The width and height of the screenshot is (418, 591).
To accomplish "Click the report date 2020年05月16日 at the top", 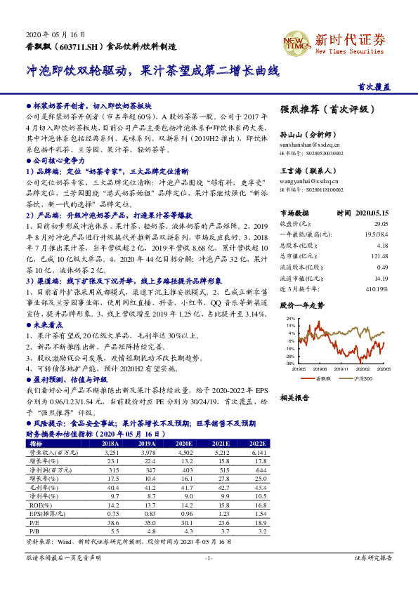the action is [x=56, y=34].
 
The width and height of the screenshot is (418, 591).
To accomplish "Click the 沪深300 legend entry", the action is [x=363, y=378].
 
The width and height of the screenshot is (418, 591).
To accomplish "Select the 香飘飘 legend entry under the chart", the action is [x=324, y=378].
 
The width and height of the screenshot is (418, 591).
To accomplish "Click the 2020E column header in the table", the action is [x=185, y=444].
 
